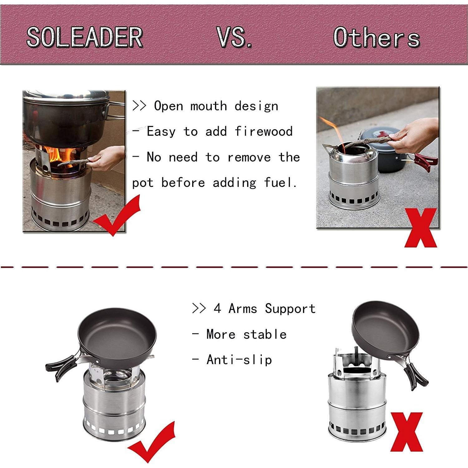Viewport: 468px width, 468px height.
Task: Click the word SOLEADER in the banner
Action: (85, 37)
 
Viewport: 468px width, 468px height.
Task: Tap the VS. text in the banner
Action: (234, 37)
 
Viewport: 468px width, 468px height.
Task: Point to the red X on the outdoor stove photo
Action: (421, 228)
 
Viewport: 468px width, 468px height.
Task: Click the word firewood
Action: (264, 131)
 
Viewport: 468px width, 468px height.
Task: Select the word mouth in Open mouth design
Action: (208, 106)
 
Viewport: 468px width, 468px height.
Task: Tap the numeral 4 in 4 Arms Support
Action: (217, 309)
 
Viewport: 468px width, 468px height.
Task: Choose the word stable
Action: (265, 334)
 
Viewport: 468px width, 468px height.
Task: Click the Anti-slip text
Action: (239, 360)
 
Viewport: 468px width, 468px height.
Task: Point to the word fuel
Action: (280, 183)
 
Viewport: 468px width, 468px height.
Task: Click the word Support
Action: (290, 309)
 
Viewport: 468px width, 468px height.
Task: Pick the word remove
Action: (249, 157)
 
